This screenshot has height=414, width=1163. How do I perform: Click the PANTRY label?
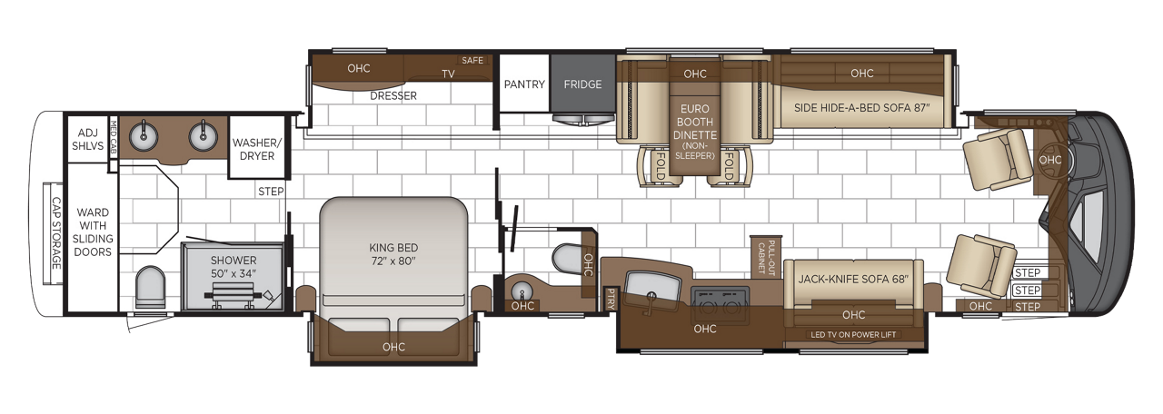524,84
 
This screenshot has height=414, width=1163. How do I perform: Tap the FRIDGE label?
582,84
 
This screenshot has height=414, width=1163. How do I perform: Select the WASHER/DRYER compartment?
257,148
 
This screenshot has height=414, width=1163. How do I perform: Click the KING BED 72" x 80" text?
393,254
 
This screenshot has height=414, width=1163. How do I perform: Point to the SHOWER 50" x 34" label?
234,267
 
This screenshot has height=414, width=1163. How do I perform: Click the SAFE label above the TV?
472,60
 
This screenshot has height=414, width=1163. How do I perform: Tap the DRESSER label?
393,96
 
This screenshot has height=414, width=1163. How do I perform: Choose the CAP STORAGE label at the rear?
56,233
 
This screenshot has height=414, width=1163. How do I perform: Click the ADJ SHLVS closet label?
88,140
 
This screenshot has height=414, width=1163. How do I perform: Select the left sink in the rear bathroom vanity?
144,136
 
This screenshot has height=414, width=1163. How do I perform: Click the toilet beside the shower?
150,288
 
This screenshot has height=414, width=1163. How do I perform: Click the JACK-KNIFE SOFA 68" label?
853,279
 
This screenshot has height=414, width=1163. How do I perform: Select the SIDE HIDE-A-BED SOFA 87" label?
862,108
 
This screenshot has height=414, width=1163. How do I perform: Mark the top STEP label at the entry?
1028,273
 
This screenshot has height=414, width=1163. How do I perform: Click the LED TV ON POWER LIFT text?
853,335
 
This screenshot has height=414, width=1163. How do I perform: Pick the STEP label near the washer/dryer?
271,192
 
